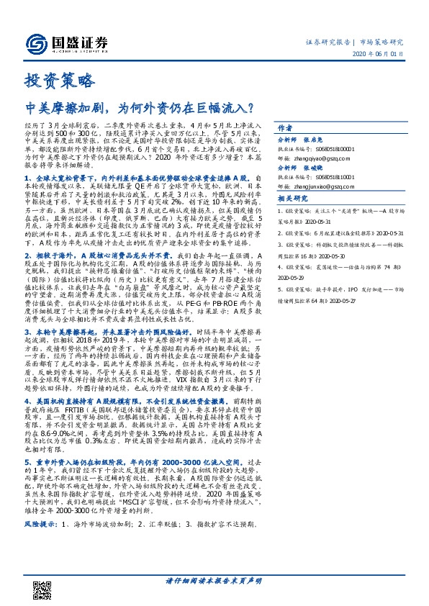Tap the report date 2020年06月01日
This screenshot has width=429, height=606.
point(381,54)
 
